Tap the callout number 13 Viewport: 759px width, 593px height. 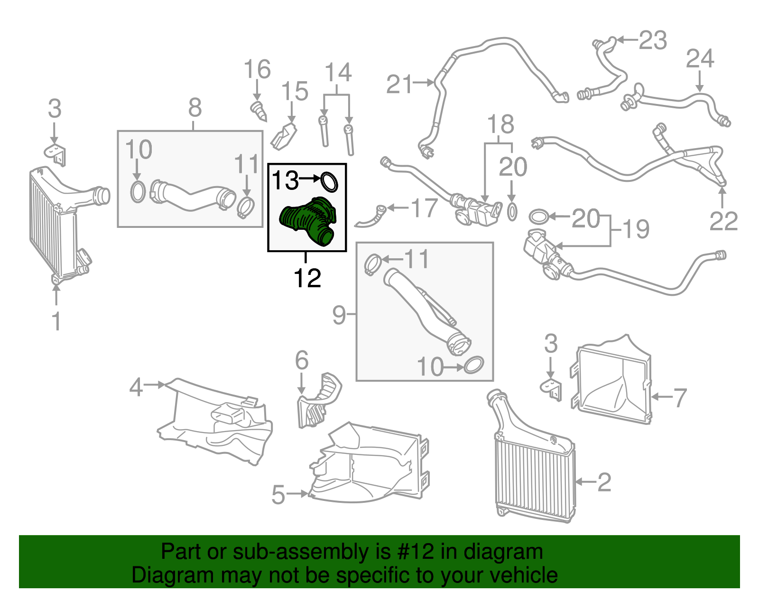[285, 180]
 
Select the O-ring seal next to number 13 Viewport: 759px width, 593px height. [330, 182]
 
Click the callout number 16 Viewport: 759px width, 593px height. [257, 70]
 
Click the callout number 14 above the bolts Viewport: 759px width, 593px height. [338, 73]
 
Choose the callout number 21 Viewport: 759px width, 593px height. [399, 85]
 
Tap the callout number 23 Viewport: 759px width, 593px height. [653, 40]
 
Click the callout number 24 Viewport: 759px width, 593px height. [700, 59]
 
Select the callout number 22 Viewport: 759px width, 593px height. [723, 221]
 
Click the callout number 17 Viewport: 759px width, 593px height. [424, 208]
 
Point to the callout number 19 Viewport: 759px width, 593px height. [636, 229]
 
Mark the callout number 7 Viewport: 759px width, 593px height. [680, 397]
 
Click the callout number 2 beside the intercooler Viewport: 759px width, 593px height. [604, 482]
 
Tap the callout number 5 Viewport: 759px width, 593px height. [278, 495]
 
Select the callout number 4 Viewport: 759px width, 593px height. [136, 387]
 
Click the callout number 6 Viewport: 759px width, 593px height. [302, 360]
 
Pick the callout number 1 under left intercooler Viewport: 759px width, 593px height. [56, 321]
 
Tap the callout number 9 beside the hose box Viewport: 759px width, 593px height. [339, 315]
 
